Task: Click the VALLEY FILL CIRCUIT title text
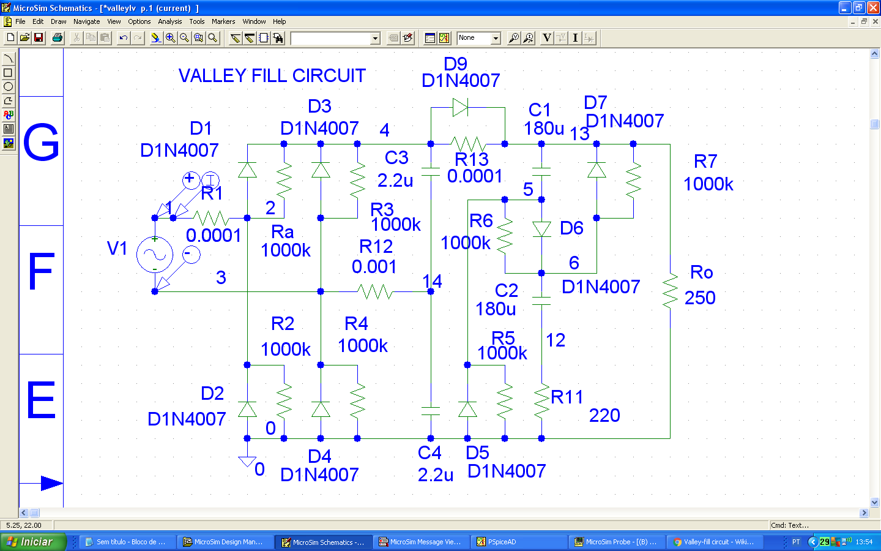pos(272,76)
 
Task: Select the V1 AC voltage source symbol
pos(154,255)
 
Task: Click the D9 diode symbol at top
pos(460,108)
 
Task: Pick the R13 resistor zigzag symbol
pos(468,144)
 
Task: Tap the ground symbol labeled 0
pos(247,461)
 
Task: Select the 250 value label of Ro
pos(699,298)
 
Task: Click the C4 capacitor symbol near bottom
pos(431,411)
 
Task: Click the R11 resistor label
pos(567,397)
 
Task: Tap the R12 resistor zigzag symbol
pos(376,291)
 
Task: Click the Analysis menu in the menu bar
pos(169,21)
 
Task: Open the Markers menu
pos(223,21)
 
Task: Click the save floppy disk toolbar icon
pos(39,38)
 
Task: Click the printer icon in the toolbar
pos(58,38)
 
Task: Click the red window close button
pos(873,8)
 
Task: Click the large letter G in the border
pos(41,143)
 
